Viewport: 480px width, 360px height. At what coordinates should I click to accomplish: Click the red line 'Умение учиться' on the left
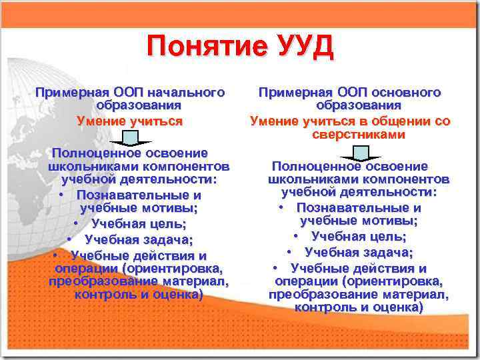pos(129,121)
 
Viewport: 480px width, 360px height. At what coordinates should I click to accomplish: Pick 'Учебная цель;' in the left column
pos(138,223)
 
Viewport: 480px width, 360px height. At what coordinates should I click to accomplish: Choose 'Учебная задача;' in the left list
pos(139,240)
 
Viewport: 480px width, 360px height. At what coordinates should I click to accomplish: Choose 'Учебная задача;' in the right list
pos(359,253)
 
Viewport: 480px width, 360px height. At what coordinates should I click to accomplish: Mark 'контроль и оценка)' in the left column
pos(139,294)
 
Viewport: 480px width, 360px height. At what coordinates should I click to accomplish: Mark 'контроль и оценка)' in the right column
pos(359,307)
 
